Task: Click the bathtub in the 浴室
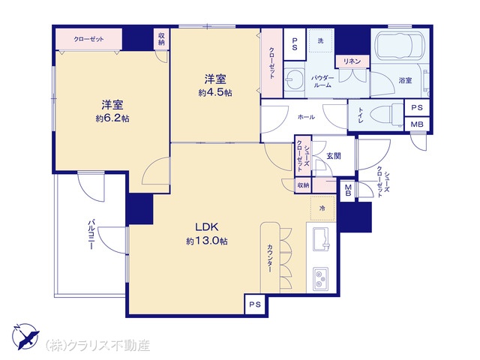(400, 46)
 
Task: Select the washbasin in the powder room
(294, 79)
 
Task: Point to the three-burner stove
(321, 279)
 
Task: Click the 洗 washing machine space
(320, 40)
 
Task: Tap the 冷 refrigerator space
(322, 208)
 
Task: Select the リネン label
(352, 61)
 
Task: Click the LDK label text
(207, 227)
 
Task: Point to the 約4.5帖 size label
(215, 92)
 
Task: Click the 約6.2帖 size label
(112, 118)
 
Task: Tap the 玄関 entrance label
(333, 156)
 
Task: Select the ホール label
(306, 117)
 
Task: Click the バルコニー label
(91, 234)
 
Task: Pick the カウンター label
(270, 258)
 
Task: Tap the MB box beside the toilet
(417, 124)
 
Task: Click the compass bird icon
(27, 336)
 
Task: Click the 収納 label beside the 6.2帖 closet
(161, 39)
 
